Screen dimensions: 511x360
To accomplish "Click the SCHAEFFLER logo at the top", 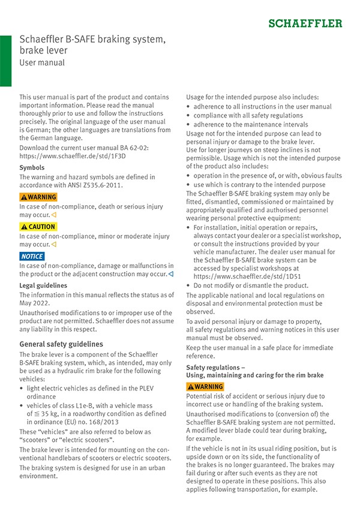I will coord(305,23).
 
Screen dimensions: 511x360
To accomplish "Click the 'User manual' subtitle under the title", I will coord(42,62).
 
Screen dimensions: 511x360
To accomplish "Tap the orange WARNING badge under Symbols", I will coord(38,197).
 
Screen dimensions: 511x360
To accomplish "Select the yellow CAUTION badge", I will coord(38,227).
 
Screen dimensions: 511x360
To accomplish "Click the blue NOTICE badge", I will coord(32,256).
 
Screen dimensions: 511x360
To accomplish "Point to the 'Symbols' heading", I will coord(32,167).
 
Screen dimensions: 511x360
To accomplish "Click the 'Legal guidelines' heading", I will coord(43,285).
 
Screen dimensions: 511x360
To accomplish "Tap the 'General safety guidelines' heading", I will coord(61,344).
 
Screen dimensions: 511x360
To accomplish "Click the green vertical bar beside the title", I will coord(5,60).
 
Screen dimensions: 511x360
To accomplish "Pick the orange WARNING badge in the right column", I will coord(205,386).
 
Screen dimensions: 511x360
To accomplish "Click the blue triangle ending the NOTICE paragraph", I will coord(171,274).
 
